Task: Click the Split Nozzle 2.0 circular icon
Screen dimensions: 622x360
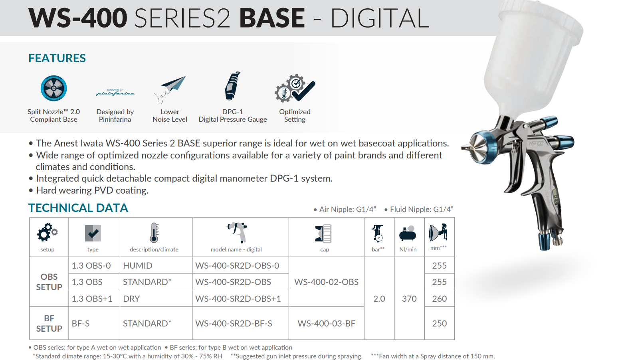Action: pyautogui.click(x=53, y=88)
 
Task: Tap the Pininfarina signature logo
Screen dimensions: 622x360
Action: pyautogui.click(x=115, y=93)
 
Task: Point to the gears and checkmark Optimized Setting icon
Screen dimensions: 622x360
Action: pyautogui.click(x=295, y=88)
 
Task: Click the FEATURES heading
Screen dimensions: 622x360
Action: pyautogui.click(x=57, y=58)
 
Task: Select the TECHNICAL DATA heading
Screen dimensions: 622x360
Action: pyautogui.click(x=78, y=208)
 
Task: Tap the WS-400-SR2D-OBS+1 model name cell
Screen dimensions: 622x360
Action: pyautogui.click(x=238, y=299)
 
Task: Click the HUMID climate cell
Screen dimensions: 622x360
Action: pyautogui.click(x=137, y=266)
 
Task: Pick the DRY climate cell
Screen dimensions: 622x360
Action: pyautogui.click(x=131, y=299)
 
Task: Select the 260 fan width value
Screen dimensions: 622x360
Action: pyautogui.click(x=439, y=299)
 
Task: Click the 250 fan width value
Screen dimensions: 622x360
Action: pyautogui.click(x=439, y=323)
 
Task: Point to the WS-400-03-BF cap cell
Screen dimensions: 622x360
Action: pyautogui.click(x=326, y=323)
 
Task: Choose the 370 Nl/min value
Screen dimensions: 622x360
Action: pyautogui.click(x=409, y=299)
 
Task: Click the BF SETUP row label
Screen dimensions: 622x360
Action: pyautogui.click(x=49, y=323)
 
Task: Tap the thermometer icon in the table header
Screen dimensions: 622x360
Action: pyautogui.click(x=154, y=233)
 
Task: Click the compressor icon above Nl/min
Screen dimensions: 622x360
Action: pyautogui.click(x=408, y=233)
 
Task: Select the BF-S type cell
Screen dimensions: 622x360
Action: pyautogui.click(x=81, y=323)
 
